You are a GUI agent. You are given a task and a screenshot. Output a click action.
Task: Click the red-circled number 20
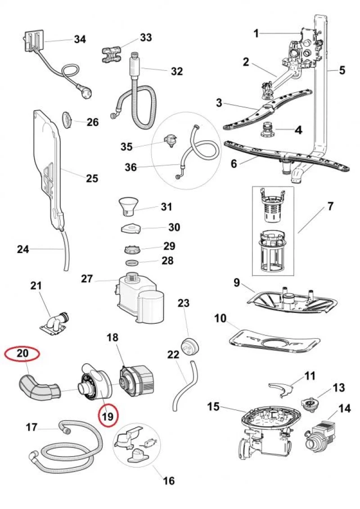(x=23, y=354)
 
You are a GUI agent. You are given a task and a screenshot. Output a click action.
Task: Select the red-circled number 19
(x=108, y=416)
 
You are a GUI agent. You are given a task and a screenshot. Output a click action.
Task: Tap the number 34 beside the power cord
(x=80, y=40)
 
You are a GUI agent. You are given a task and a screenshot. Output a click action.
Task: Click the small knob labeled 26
(x=67, y=121)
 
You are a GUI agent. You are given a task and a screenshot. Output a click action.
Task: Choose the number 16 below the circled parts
(x=168, y=481)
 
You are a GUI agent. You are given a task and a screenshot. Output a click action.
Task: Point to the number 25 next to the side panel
(x=92, y=178)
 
